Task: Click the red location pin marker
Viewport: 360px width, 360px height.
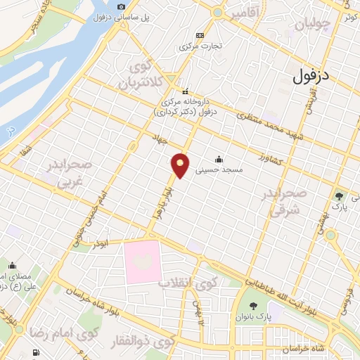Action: tap(181, 164)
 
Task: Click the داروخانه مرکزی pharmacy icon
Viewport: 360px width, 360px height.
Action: tap(186, 92)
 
